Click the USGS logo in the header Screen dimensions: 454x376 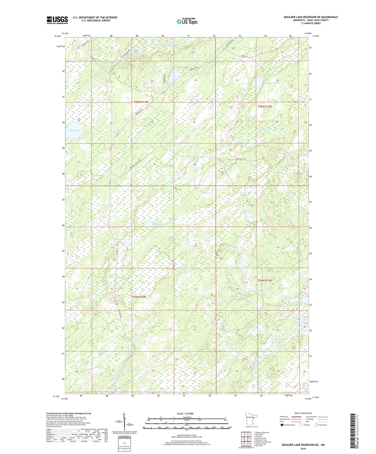57,20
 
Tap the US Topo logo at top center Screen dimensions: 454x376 187,21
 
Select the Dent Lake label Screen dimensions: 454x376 75,130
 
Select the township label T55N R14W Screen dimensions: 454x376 141,102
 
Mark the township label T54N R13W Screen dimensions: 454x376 264,280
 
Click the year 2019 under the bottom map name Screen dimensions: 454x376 303,449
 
